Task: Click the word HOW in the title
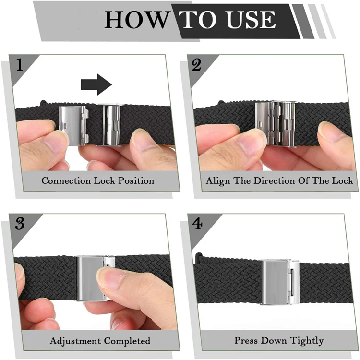(x=136, y=20)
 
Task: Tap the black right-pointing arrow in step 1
(x=96, y=84)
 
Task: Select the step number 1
(x=20, y=64)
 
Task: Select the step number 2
(x=196, y=65)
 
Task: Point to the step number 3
(x=20, y=223)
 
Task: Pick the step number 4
(x=197, y=223)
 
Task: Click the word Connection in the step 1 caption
(x=66, y=180)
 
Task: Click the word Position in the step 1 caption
(x=136, y=181)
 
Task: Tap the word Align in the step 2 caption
(x=218, y=181)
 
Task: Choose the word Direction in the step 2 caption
(x=275, y=180)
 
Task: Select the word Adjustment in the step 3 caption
(x=75, y=341)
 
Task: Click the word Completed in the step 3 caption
(x=127, y=341)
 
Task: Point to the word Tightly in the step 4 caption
(x=307, y=341)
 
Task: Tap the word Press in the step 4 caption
(x=246, y=340)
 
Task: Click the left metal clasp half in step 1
(x=73, y=125)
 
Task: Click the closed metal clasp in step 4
(x=280, y=282)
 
